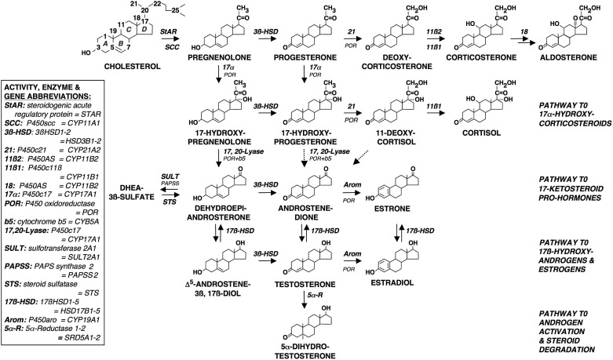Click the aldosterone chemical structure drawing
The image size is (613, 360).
click(x=564, y=31)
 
